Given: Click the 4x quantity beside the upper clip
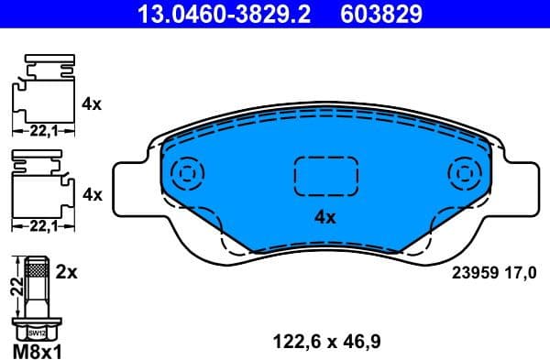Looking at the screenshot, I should point(91,104).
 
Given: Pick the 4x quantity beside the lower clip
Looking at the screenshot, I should point(91,194).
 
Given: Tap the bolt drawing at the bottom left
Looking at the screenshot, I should point(37,297).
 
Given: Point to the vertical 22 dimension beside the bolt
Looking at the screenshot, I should point(15,285).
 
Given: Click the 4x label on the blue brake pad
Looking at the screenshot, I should point(325,217).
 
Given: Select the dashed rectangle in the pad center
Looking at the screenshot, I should point(325,173).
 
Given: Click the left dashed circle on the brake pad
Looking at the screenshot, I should point(189,172).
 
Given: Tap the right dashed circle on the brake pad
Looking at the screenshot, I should point(462,172).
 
